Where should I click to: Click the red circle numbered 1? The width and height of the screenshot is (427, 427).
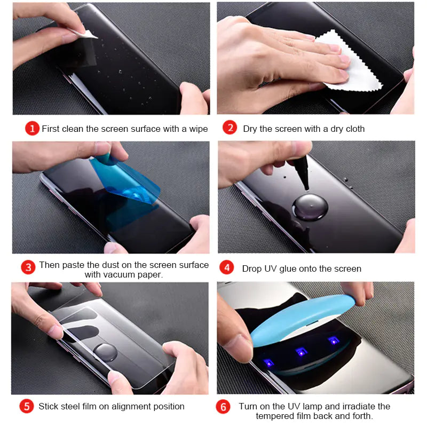[32, 129]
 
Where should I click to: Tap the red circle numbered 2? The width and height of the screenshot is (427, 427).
[230, 128]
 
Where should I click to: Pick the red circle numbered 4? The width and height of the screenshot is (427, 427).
[227, 267]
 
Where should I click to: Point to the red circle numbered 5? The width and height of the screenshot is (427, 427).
[27, 406]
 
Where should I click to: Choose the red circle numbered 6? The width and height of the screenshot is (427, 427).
[224, 407]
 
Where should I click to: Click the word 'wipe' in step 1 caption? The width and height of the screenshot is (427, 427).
[197, 129]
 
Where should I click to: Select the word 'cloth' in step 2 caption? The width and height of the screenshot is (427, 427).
[353, 129]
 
